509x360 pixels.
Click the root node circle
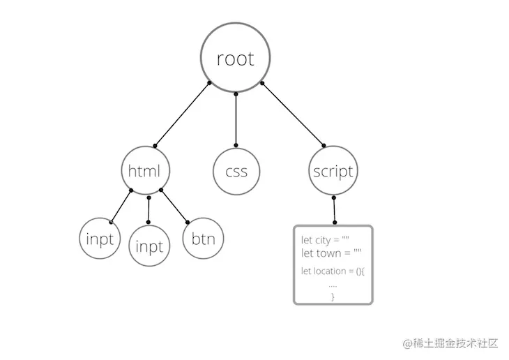tap(235, 59)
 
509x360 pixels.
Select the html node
tap(145, 171)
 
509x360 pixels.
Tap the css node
tap(236, 172)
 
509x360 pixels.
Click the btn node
tap(202, 239)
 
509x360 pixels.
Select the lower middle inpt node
tap(149, 246)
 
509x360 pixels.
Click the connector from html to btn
tap(174, 207)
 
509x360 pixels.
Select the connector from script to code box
tap(335, 210)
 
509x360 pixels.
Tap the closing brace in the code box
tap(333, 297)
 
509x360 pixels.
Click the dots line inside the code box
tap(333, 285)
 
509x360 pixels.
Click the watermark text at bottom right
tap(450, 343)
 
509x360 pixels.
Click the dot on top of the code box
tap(335, 222)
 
